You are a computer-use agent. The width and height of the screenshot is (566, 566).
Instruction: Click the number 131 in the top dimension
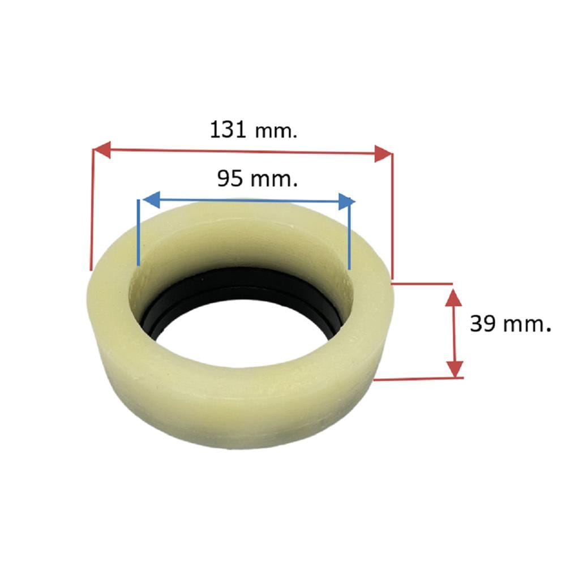point(228,130)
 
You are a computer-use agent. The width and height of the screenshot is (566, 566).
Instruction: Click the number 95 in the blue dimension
point(230,178)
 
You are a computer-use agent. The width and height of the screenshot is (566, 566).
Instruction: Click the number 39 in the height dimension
point(483,323)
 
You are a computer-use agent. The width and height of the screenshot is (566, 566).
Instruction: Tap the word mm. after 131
point(276,131)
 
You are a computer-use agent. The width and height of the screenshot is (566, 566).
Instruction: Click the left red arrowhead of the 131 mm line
point(101,149)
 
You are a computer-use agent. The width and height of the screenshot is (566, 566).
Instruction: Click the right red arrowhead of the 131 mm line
point(383,154)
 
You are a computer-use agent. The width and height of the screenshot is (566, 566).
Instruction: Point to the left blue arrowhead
point(151,200)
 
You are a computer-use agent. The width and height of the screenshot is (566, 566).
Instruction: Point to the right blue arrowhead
point(347,201)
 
